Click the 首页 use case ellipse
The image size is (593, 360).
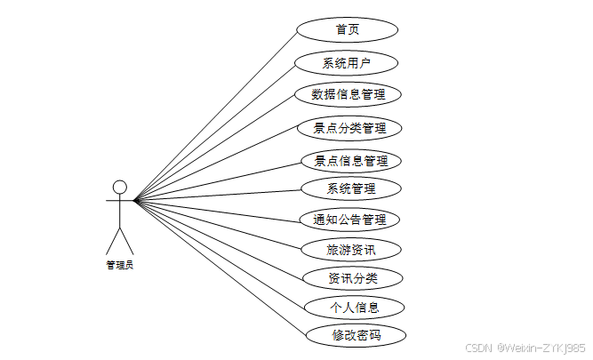[347, 29]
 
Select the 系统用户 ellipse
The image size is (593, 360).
[346, 63]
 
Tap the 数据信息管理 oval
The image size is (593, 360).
[348, 94]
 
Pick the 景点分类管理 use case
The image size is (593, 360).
[349, 128]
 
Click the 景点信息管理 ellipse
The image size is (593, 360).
[350, 161]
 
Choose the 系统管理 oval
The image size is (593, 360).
[350, 188]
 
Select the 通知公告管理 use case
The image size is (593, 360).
[349, 220]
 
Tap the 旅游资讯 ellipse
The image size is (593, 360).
[350, 250]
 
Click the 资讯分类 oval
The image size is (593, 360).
[352, 278]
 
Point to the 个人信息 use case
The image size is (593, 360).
[354, 308]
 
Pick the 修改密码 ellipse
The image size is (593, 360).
[356, 335]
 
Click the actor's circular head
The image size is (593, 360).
[119, 187]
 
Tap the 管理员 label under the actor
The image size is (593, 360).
[119, 264]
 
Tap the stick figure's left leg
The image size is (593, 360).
[112, 241]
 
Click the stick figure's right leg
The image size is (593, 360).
[126, 241]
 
